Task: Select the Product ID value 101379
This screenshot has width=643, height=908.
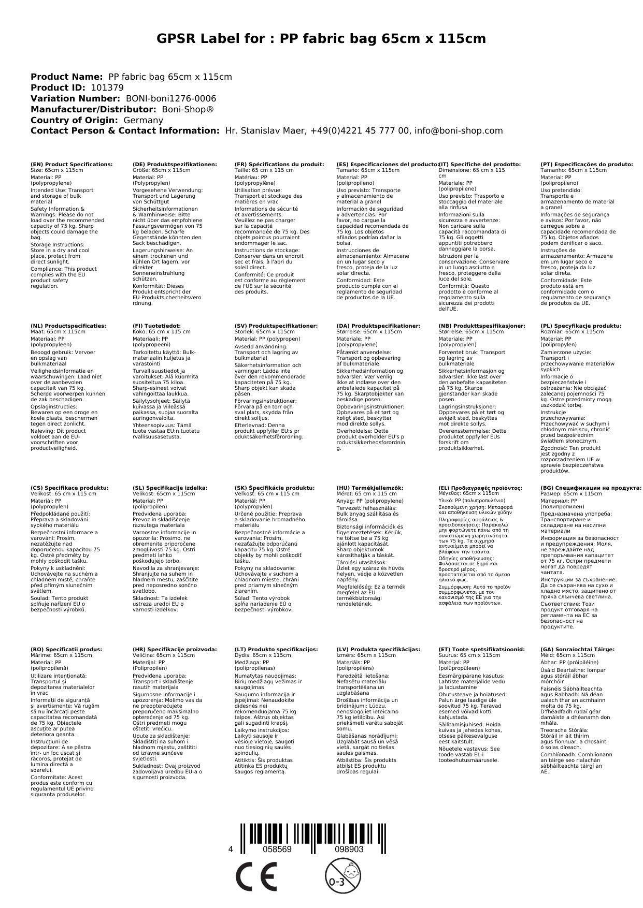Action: coord(107,87)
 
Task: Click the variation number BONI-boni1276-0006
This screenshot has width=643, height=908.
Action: coord(171,98)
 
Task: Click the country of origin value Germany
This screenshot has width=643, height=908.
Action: coord(144,120)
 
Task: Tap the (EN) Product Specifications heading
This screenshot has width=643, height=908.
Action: coord(72,164)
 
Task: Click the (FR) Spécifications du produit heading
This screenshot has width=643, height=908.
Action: coord(279,164)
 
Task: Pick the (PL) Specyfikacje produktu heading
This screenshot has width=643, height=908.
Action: coord(581,326)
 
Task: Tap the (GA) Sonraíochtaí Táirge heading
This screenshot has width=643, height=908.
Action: coord(577,649)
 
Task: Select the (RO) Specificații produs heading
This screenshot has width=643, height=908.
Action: coord(66,649)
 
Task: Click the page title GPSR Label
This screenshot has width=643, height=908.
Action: coord(321,39)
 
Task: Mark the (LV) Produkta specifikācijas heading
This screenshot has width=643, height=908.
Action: coord(378,649)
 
